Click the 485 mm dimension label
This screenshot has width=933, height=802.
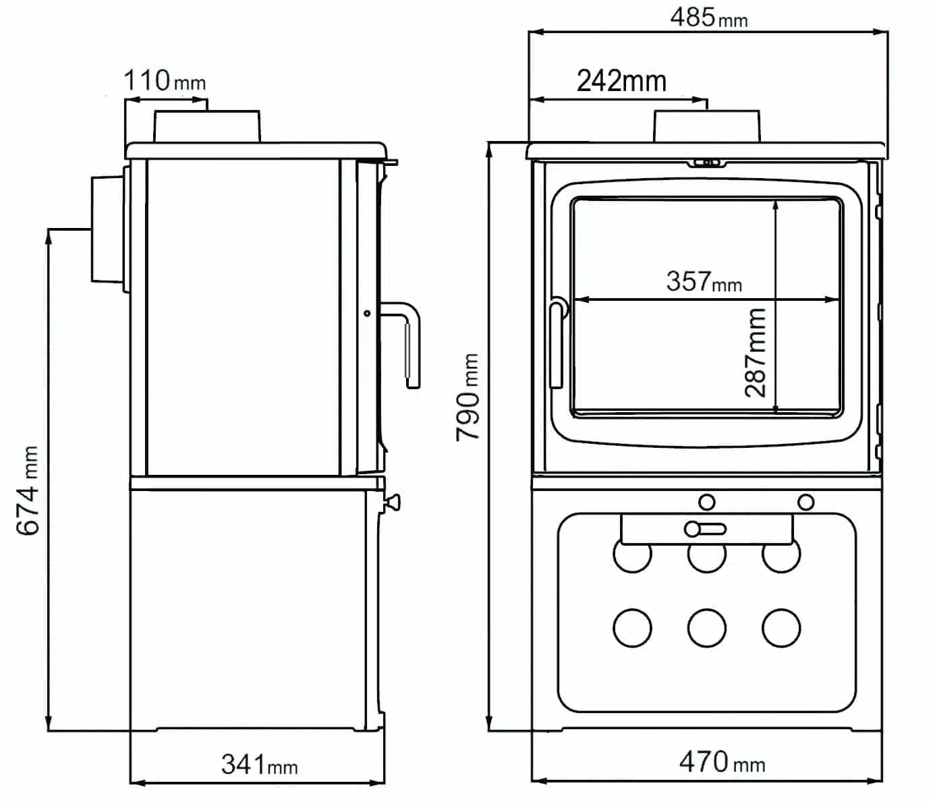coord(708,18)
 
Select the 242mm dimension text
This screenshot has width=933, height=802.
coord(621,82)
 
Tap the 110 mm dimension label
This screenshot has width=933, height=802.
coord(164,81)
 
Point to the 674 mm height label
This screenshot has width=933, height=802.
coord(28,490)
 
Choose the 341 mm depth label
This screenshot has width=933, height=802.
coord(259,765)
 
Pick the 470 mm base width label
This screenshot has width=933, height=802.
coord(721,762)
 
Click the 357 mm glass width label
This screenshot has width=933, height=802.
coord(704,281)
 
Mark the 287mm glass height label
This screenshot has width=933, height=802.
coord(756,352)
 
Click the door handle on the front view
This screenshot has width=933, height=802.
coord(557,343)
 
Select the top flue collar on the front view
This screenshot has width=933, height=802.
coord(706,126)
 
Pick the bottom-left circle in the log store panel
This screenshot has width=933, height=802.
coord(632,628)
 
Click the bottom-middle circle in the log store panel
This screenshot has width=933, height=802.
coord(706,628)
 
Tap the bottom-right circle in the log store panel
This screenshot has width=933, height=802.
coord(781,628)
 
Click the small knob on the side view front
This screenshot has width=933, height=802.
coord(392,503)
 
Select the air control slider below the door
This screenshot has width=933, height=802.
coord(705,529)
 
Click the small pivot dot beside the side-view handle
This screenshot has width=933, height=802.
coord(367,313)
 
